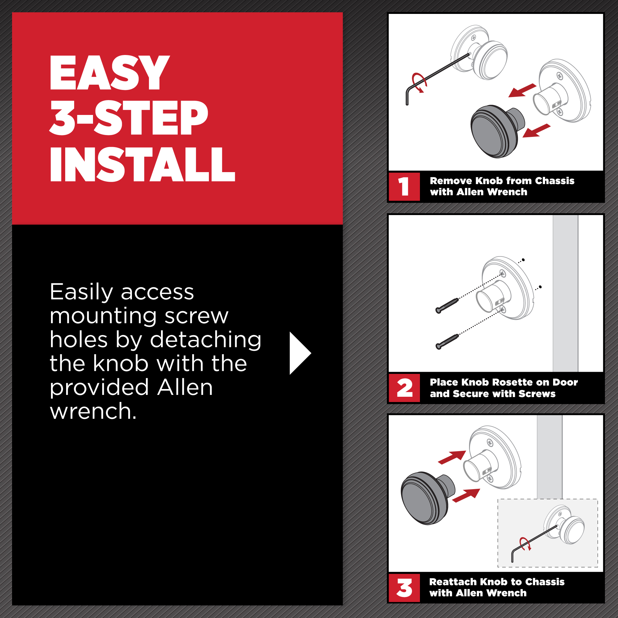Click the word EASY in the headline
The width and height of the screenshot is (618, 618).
pos(109,73)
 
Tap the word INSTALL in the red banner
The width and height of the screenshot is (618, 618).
pos(142,165)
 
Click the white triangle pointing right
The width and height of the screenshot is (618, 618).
pos(300,353)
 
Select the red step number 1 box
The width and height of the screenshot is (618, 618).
pos(404,187)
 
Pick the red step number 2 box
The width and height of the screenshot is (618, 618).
pos(404,388)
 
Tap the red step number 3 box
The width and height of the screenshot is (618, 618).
pos(404,588)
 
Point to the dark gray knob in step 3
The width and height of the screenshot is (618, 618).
pos(427,498)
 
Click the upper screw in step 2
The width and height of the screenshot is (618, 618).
pos(447,306)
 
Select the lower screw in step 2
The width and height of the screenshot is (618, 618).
pos(447,341)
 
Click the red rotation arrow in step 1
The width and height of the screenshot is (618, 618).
pos(419,83)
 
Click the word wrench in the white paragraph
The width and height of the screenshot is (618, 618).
pos(93,411)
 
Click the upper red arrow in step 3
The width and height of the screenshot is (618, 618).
pos(452,457)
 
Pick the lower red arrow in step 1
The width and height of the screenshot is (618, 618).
pos(536,130)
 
